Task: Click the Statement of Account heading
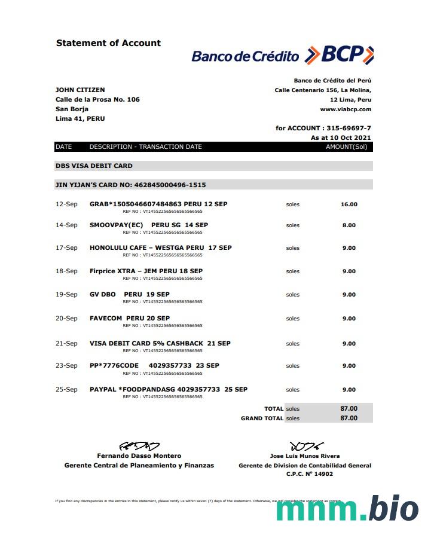point(108,43)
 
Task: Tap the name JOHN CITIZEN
point(80,90)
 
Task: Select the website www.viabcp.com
point(346,109)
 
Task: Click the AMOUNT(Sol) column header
point(346,146)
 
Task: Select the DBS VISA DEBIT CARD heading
point(94,166)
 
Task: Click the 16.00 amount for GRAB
point(349,204)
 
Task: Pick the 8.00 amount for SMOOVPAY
point(349,225)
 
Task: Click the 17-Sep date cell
point(66,247)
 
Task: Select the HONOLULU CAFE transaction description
point(160,247)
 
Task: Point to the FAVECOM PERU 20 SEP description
point(130,318)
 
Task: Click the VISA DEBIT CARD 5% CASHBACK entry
point(160,343)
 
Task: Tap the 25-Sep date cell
point(66,389)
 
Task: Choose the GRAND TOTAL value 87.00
point(349,418)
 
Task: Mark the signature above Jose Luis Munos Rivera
point(306,446)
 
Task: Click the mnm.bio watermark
point(347,509)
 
